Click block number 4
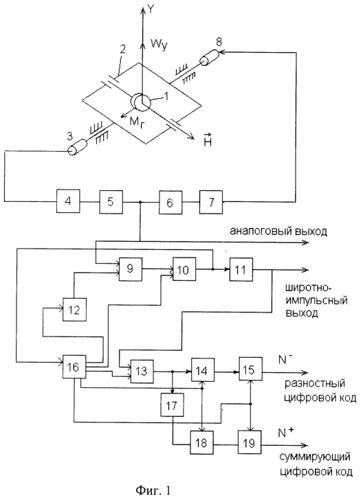pyautogui.click(x=68, y=201)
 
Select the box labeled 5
pyautogui.click(x=111, y=202)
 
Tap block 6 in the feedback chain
pyautogui.click(x=170, y=202)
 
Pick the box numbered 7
pyautogui.click(x=211, y=202)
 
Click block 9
pyautogui.click(x=131, y=269)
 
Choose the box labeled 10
pyautogui.click(x=184, y=269)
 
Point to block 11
pyautogui.click(x=241, y=270)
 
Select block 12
pyautogui.click(x=74, y=309)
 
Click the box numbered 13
pyautogui.click(x=142, y=371)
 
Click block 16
pyautogui.click(x=74, y=367)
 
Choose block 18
pyautogui.click(x=202, y=442)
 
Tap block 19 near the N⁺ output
pyautogui.click(x=250, y=442)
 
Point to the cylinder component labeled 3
pyautogui.click(x=78, y=148)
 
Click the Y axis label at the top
pyautogui.click(x=151, y=9)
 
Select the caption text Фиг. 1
pyautogui.click(x=153, y=490)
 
